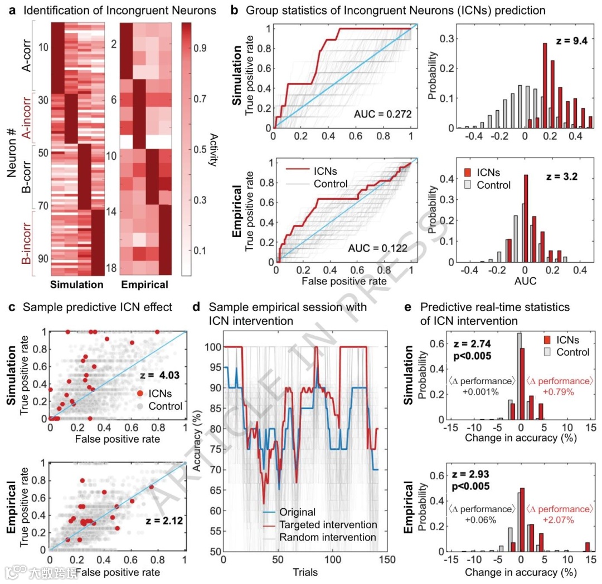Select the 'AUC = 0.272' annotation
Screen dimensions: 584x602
point(382,114)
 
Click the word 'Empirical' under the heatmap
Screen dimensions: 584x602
point(144,285)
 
